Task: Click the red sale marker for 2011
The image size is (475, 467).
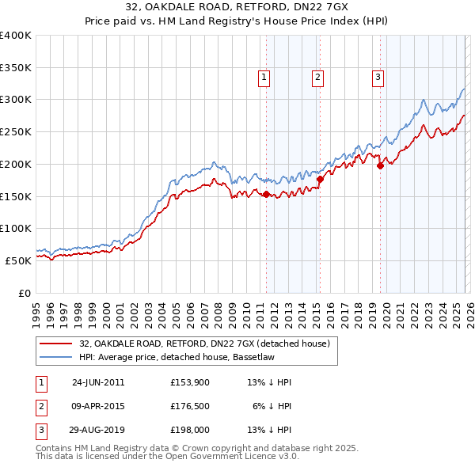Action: (266, 194)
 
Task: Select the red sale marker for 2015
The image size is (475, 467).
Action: (320, 180)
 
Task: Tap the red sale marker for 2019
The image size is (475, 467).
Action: (381, 166)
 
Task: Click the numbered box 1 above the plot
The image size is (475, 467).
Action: (263, 77)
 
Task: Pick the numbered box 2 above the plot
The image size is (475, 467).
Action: (317, 77)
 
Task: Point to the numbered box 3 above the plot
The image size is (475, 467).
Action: (378, 77)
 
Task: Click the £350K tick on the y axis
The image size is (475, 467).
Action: (16, 68)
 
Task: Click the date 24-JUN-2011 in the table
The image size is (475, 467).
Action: (98, 382)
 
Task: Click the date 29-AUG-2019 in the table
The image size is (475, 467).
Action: (98, 432)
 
